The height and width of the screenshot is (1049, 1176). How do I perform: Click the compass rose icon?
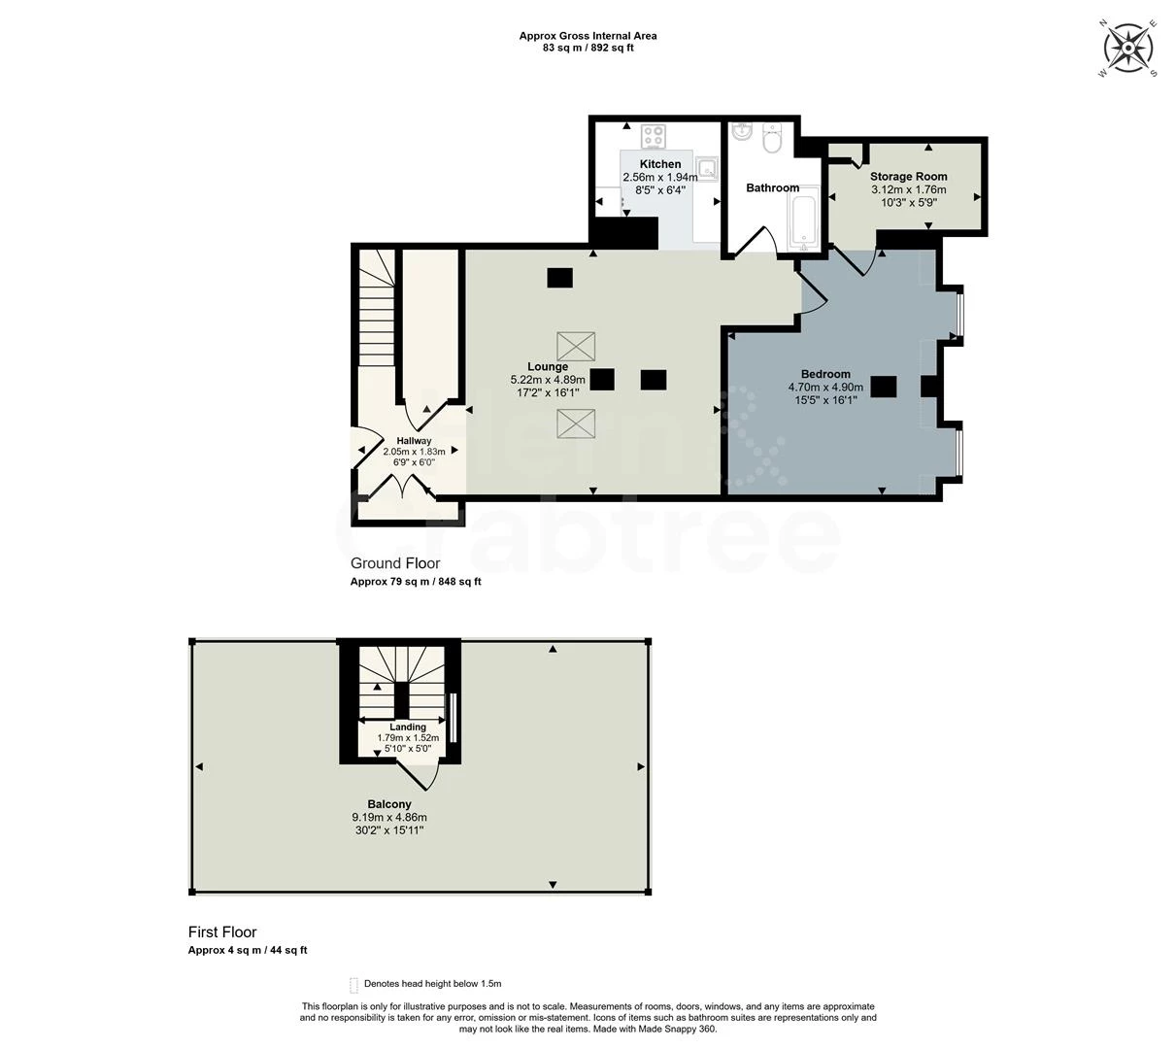1127,47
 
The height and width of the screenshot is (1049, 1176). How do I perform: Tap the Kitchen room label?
659,164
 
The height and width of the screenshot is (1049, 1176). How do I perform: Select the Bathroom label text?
772,187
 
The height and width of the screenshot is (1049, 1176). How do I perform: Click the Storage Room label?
908,177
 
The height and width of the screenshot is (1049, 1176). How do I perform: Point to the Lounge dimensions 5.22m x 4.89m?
548,380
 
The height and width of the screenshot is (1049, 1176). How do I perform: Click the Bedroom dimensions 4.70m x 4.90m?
825,387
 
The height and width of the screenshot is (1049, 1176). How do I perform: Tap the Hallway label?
414,441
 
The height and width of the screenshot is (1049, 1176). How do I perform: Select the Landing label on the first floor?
408,727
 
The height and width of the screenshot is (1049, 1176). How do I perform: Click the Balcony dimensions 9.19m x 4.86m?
389,817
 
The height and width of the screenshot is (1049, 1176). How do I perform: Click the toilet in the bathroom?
773,141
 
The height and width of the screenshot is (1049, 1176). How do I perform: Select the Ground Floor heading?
395,563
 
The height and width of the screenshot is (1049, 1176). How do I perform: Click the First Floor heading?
222,932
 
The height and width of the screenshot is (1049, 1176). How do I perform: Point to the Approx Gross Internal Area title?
588,36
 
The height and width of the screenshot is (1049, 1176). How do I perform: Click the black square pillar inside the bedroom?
883,387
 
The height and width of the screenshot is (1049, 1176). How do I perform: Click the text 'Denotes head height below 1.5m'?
432,984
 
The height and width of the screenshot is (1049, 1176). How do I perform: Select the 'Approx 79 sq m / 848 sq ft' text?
416,582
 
